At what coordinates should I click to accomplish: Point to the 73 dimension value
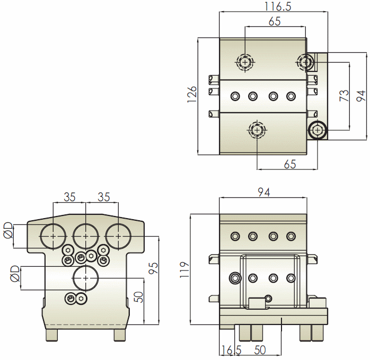[344, 95]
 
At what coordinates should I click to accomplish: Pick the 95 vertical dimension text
[153, 268]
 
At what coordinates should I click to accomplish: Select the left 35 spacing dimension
[69, 197]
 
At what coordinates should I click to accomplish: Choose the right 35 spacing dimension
[103, 197]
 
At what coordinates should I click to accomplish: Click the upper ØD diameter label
[8, 231]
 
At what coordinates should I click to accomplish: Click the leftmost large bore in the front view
[54, 233]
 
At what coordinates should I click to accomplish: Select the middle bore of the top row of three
[85, 233]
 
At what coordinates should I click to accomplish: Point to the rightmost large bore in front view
[118, 233]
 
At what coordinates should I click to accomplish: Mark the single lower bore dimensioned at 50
[85, 277]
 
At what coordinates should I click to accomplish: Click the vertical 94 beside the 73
[360, 96]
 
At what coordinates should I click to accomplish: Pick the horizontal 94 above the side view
[263, 193]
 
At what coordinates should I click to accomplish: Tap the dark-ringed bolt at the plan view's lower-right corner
[318, 130]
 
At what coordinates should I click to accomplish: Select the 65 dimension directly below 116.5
[274, 21]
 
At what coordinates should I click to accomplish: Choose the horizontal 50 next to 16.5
[260, 350]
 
